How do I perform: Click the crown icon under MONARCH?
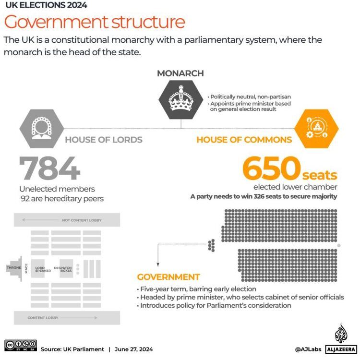[x=180, y=99]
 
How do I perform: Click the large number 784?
[x=50, y=168]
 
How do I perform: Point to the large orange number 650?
[x=272, y=168]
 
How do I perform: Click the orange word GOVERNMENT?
[x=168, y=277]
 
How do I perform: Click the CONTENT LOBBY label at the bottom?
[x=43, y=318]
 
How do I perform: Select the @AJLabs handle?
[x=308, y=349]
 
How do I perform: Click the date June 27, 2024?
[x=134, y=349]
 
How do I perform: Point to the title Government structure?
[x=95, y=23]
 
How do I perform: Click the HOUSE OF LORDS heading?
[x=104, y=140]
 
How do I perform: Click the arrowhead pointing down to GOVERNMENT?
[x=158, y=264]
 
